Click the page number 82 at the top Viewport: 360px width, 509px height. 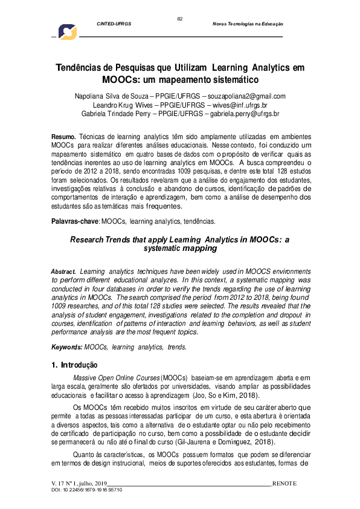pos(179,19)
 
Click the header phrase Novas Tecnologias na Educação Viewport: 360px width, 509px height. pos(248,24)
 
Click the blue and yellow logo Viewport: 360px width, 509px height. pos(67,33)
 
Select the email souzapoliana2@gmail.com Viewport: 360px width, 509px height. pos(247,96)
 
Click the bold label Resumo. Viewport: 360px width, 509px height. pos(63,138)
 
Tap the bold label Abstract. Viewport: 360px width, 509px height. pos(63,272)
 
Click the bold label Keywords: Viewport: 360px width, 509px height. pos(66,347)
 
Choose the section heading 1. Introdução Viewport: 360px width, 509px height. pos(74,365)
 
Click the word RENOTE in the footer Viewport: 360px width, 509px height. pos(284,484)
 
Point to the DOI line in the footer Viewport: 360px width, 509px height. pos(87,490)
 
